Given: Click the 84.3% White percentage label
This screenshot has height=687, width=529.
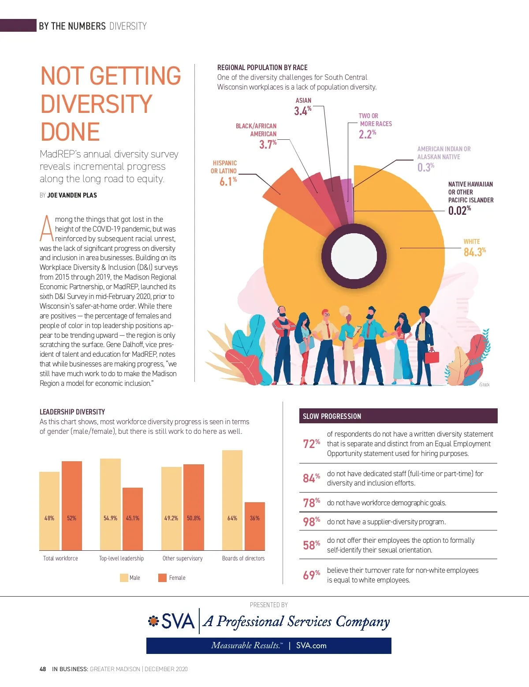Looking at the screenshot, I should (x=474, y=252).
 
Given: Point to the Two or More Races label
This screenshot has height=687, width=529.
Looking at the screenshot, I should (x=375, y=120).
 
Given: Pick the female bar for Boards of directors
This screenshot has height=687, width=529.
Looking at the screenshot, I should (x=255, y=526).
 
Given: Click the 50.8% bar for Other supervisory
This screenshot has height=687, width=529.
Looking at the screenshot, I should (x=194, y=507).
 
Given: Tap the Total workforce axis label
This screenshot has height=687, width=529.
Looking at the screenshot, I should (x=60, y=558).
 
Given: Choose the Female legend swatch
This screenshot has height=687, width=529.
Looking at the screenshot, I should (x=162, y=578).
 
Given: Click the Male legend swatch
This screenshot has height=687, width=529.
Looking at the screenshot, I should (x=124, y=578).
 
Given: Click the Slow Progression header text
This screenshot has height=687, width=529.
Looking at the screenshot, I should (x=332, y=416).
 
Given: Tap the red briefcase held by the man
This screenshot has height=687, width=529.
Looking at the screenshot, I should (x=432, y=356).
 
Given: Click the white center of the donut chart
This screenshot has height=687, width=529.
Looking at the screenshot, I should (x=354, y=256).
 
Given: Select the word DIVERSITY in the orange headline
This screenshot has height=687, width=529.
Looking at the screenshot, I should (x=96, y=104).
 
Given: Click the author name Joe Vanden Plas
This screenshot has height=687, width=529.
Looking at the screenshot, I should (x=72, y=195).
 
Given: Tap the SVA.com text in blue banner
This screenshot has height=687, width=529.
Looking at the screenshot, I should (x=311, y=646).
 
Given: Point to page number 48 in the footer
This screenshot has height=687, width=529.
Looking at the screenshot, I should (x=43, y=669).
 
